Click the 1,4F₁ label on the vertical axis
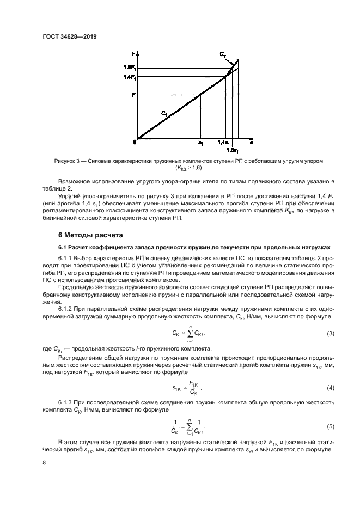(x=129, y=77)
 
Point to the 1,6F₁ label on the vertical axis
(x=129, y=68)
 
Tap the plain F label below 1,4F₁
(x=133, y=95)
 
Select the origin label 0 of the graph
(x=134, y=142)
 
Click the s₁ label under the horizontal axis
(x=200, y=143)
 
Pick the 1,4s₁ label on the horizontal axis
(x=223, y=143)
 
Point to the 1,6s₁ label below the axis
(x=232, y=149)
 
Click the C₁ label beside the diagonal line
(x=164, y=113)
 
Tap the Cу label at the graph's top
(x=223, y=56)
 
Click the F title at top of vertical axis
(x=133, y=53)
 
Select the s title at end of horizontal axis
(x=251, y=142)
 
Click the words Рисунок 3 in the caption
(x=68, y=161)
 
